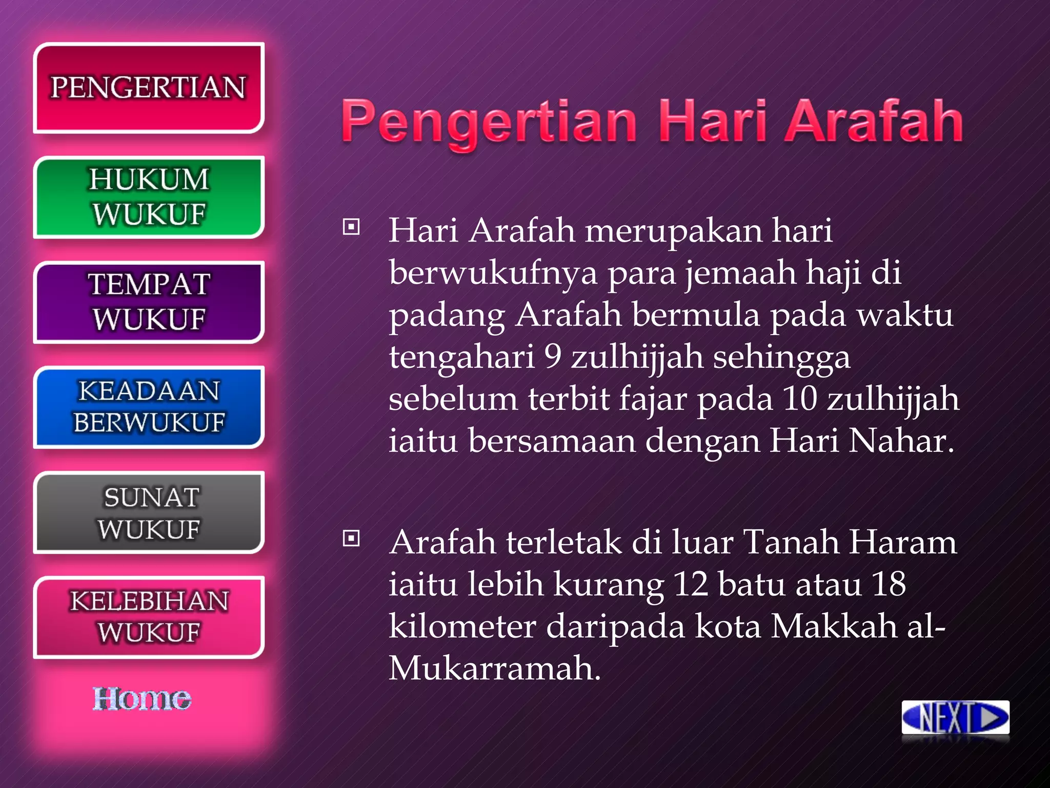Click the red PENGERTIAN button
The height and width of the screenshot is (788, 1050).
pyautogui.click(x=149, y=88)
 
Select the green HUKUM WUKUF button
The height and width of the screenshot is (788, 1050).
pyautogui.click(x=149, y=197)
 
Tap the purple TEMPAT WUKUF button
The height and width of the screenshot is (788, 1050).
pyautogui.click(x=149, y=302)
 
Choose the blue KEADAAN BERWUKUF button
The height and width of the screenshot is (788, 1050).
pyautogui.click(x=149, y=407)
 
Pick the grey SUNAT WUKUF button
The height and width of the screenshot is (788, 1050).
pyautogui.click(x=149, y=513)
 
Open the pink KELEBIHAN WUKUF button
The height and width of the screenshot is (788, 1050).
pyautogui.click(x=149, y=617)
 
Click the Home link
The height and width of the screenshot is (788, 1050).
pyautogui.click(x=142, y=699)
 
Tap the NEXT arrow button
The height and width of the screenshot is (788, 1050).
pyautogui.click(x=955, y=717)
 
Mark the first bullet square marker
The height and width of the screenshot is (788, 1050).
pyautogui.click(x=351, y=227)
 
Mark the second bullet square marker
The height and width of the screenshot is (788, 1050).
pyautogui.click(x=351, y=539)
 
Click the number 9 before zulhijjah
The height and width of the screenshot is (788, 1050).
pyautogui.click(x=553, y=356)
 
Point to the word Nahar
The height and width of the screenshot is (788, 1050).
pyautogui.click(x=900, y=440)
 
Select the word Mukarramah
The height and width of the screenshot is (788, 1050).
pyautogui.click(x=494, y=668)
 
